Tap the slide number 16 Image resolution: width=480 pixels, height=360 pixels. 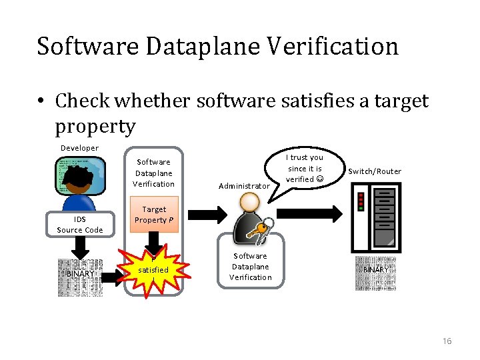447,341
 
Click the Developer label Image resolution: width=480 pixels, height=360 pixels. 79,148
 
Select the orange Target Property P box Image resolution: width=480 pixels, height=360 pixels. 154,215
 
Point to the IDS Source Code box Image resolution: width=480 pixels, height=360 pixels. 80,225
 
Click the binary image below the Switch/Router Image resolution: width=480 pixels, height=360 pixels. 376,273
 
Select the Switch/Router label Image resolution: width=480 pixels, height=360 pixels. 375,171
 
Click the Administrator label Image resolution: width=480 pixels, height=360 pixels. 244,186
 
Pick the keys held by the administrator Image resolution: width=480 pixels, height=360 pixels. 257,228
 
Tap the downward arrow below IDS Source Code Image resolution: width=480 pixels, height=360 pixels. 80,246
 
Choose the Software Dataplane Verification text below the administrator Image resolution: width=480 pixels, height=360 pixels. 250,267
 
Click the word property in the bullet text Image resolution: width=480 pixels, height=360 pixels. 95,125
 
